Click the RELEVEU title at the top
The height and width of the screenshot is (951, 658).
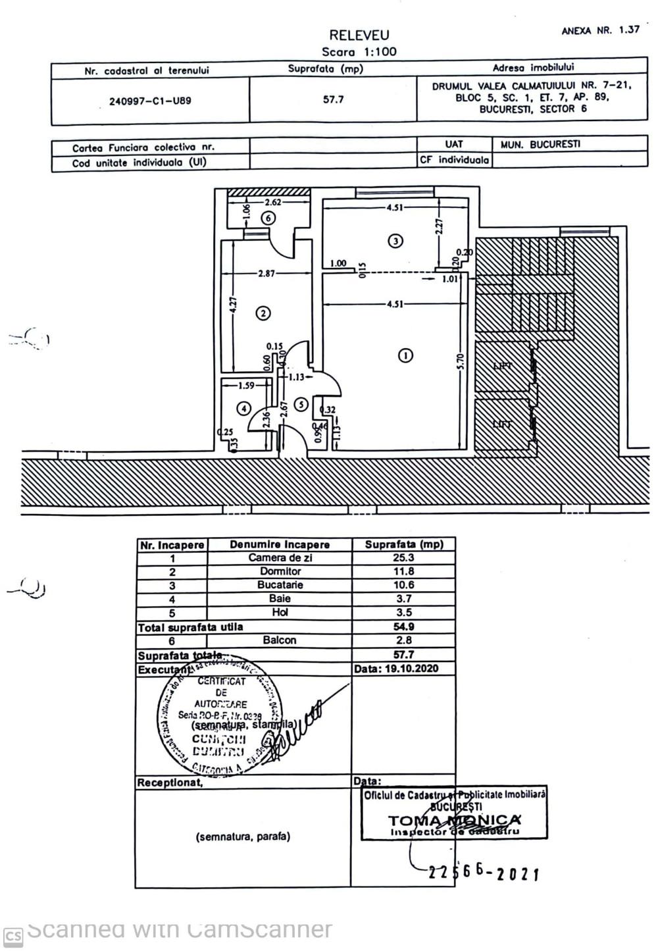coord(359,36)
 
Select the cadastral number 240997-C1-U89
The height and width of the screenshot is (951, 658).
coord(150,101)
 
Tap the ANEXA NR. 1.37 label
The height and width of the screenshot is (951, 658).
coord(600,30)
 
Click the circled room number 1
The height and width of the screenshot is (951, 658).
coord(406,355)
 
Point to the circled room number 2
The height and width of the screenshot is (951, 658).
coord(263,313)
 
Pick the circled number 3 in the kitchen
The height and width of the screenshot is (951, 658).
coord(395,241)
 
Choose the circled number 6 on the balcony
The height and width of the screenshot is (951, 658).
coord(268,218)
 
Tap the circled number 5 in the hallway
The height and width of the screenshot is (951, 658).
coord(301,404)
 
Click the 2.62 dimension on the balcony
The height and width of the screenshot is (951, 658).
coord(273,203)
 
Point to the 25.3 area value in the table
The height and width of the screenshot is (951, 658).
coord(403,558)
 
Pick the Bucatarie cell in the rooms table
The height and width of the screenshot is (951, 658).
coord(280,585)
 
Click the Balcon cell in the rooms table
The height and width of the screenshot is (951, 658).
coord(280,640)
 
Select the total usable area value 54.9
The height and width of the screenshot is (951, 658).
coord(403,627)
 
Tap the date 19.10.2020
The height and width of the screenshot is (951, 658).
coord(395,669)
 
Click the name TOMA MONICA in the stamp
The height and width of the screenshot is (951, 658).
coord(454,820)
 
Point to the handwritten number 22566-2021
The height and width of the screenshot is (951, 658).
coord(484,872)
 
